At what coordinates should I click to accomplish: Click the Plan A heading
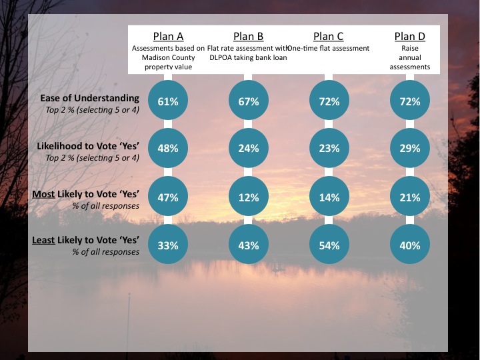(168, 36)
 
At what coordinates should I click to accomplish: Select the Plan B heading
(248, 36)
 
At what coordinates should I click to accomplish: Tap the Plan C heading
(328, 36)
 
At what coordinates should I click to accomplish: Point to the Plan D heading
(409, 36)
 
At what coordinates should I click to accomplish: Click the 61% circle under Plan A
(168, 101)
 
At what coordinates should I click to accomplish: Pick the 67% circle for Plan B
(248, 101)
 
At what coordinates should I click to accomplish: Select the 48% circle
(168, 149)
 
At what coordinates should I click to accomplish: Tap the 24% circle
(248, 149)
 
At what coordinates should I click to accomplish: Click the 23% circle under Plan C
(329, 149)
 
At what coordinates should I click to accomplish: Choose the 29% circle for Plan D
(409, 149)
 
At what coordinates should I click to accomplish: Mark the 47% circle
(168, 197)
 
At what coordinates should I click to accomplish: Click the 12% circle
(248, 197)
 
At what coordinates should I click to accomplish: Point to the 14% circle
(329, 197)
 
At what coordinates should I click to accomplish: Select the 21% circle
(409, 197)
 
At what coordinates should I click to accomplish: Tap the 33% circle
(168, 245)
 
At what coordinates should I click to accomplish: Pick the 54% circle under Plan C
(329, 245)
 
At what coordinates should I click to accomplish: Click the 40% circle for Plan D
(409, 245)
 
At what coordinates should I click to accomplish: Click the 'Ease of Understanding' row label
(89, 98)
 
